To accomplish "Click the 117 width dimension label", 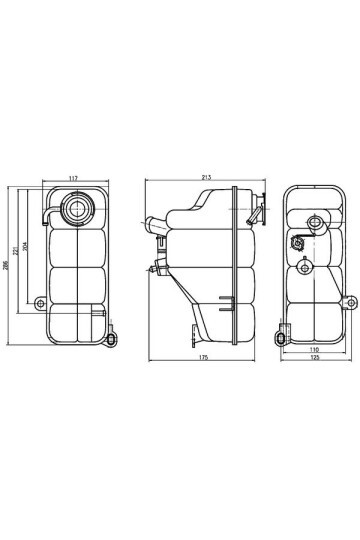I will (x=74, y=179).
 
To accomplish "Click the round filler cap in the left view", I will (x=76, y=210).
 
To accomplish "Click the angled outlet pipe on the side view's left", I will (x=152, y=225).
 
